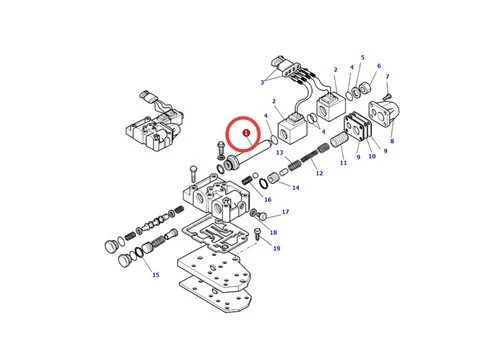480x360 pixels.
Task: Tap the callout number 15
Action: pos(155,274)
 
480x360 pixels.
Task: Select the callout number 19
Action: pos(277,248)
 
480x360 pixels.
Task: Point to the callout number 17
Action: pos(285,212)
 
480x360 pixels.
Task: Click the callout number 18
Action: pos(273,232)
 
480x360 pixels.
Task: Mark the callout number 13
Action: pos(282,154)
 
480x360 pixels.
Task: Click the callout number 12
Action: pos(318,173)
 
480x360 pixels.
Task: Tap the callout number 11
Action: pos(342,162)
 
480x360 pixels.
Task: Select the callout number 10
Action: pos(371,156)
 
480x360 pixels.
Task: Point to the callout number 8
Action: pos(392,141)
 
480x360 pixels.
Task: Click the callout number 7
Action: pos(387,77)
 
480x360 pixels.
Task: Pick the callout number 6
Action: pos(378,66)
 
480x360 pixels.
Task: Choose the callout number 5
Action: pos(362,58)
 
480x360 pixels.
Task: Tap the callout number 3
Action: pos(263,82)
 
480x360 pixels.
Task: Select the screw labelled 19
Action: pos(258,235)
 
